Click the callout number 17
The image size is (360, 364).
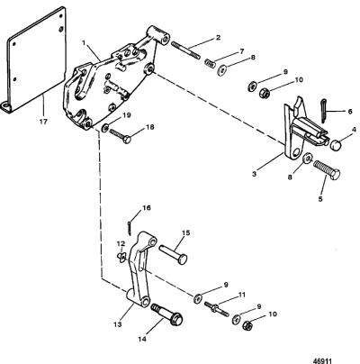[43, 122]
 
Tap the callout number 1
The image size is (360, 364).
[85, 42]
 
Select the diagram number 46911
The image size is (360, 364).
[323, 360]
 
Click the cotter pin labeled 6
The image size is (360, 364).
[323, 110]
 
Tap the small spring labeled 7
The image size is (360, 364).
[211, 63]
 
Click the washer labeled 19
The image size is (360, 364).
[105, 126]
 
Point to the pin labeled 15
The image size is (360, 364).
[173, 254]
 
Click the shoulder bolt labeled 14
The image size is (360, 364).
[169, 315]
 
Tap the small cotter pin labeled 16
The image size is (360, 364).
[129, 227]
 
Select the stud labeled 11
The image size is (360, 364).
[217, 309]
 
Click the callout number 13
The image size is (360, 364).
[118, 324]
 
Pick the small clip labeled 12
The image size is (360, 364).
[121, 257]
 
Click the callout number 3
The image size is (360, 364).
[255, 174]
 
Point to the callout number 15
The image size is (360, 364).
[185, 233]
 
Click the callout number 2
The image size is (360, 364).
[218, 38]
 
